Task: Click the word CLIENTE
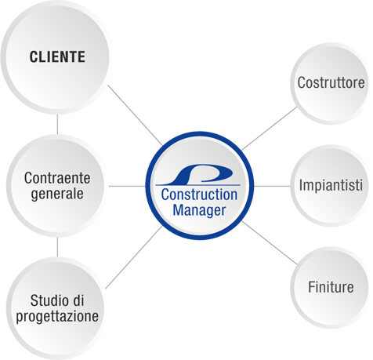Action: point(57,56)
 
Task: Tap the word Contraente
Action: point(57,178)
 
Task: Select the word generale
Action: point(57,195)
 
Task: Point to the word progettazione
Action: point(57,317)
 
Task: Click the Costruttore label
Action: point(331,82)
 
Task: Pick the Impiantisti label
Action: point(331,185)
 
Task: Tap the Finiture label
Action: point(331,287)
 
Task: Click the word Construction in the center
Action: point(199,195)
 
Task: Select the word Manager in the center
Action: point(199,210)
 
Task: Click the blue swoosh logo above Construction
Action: point(198,175)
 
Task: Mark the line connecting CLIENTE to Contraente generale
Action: point(57,124)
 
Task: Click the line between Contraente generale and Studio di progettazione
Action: point(57,247)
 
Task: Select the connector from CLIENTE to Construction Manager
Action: point(135,115)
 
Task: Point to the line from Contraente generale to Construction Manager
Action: point(127,186)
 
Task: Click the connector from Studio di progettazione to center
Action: point(134,257)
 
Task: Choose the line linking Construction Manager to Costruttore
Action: point(270,129)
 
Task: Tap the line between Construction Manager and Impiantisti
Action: point(272,186)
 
